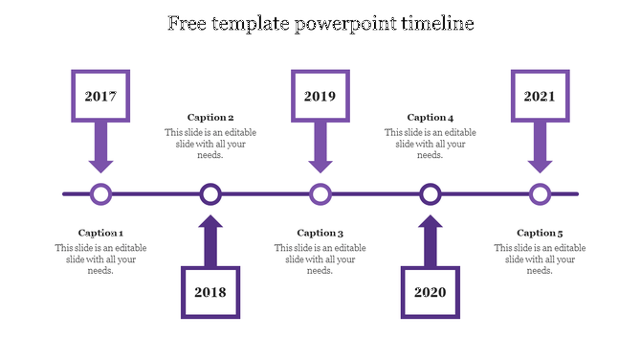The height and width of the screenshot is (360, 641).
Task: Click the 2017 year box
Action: pos(100,96)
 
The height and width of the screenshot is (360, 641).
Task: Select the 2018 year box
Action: pos(210,291)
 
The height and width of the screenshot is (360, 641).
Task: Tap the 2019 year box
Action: pos(320,96)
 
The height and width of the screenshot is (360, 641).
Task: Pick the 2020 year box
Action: pos(431,291)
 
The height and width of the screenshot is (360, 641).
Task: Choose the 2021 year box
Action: pos(540,96)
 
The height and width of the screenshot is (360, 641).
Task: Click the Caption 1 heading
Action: pos(100,233)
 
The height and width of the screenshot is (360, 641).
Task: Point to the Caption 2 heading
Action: pos(210,118)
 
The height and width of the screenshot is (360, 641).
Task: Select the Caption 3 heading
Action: pos(320,233)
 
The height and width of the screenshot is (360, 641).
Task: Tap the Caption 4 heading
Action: pos(431,118)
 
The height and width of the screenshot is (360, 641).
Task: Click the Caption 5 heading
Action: pos(540,233)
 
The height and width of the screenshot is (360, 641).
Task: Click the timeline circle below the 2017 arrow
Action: pos(100,194)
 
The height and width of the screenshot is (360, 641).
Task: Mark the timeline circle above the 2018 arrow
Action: pos(210,194)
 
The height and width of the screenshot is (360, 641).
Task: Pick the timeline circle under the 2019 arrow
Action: pos(320,194)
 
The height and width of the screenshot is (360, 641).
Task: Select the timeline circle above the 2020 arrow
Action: pos(431,194)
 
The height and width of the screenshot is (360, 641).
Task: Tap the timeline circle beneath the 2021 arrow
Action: pos(541,194)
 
